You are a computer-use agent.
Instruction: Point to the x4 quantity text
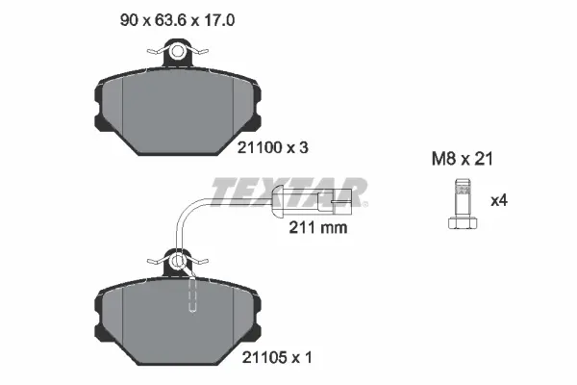tap(499, 201)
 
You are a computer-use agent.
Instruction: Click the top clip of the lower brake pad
tap(179, 260)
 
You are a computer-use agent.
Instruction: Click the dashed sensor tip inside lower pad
tap(191, 294)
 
